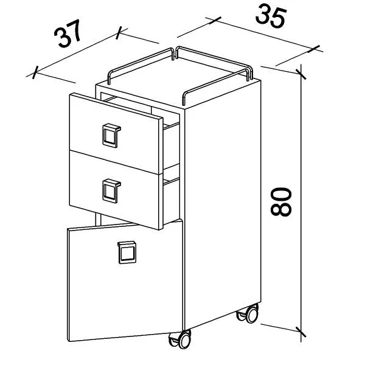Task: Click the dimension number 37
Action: tap(68, 33)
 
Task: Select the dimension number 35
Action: tap(271, 17)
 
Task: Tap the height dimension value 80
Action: tap(281, 202)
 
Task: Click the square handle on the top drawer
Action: tap(111, 136)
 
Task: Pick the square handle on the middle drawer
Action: tap(111, 190)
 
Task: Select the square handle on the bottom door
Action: tap(127, 252)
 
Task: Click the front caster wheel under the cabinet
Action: tap(181, 340)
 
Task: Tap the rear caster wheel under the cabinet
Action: tap(248, 313)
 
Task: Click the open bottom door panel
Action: tap(125, 282)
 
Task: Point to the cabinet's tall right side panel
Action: tap(222, 205)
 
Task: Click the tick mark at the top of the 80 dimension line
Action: tap(301, 74)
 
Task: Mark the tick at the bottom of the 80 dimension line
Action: tap(301, 332)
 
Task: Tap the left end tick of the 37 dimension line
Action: tap(35, 72)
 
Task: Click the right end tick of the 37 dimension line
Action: tap(119, 33)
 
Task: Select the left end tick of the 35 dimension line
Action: tap(215, 21)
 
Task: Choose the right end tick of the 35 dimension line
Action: tap(314, 49)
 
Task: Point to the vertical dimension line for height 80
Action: tap(301, 203)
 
